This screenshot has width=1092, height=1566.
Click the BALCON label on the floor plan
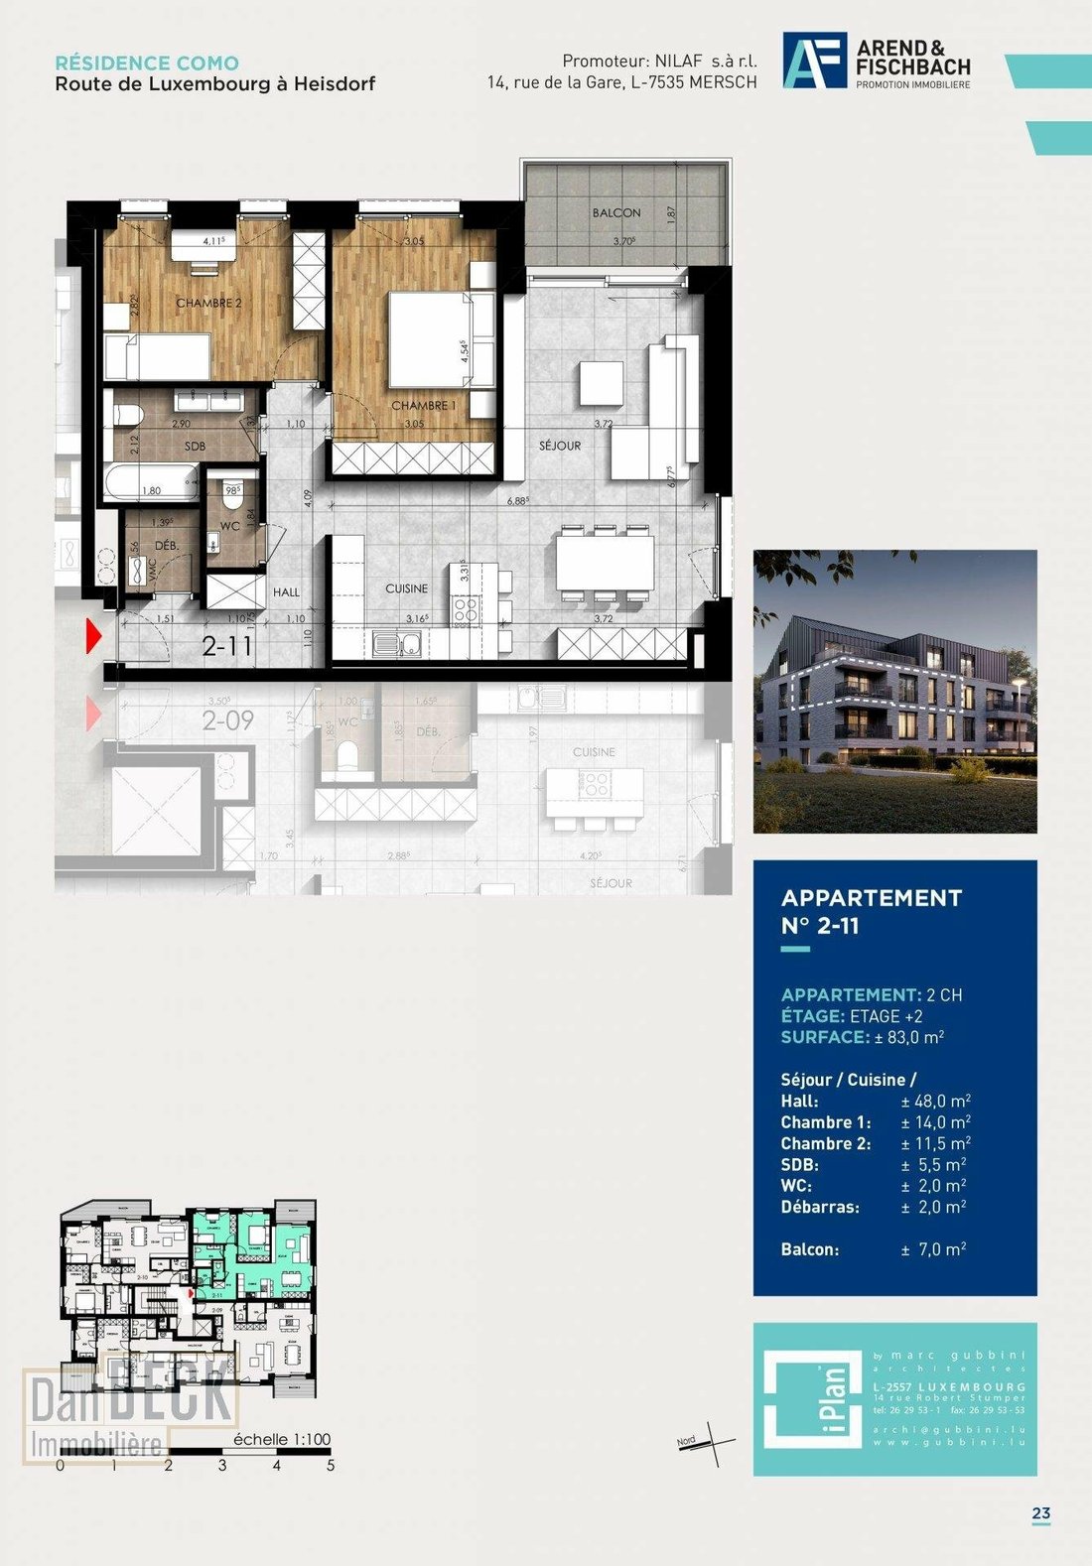point(616,212)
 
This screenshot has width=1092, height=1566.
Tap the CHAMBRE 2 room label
point(208,303)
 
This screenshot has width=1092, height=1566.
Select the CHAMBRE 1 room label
point(424,406)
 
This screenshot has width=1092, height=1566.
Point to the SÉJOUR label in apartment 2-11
point(560,446)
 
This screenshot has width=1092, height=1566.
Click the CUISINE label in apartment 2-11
point(407,588)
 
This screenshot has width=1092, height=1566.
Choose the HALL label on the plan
point(286,592)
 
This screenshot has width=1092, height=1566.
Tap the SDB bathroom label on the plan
point(195,447)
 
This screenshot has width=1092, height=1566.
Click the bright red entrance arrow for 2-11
point(94,635)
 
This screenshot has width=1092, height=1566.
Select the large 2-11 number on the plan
point(227,646)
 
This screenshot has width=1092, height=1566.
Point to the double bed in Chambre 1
point(433,338)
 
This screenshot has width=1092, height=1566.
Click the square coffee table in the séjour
point(601,382)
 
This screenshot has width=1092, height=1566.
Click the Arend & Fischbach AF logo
point(814,61)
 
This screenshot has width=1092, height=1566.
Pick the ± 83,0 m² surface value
point(909,1037)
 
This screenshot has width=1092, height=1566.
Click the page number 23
point(1040,1513)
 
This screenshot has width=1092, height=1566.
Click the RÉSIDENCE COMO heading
point(147,63)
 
